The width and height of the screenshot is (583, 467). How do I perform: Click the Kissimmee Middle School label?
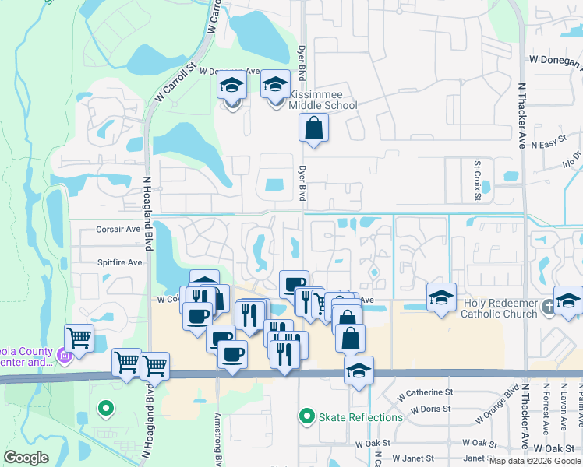tap(323, 100)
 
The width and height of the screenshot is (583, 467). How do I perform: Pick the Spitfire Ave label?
tap(118, 262)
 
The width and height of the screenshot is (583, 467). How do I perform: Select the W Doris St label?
tap(430, 409)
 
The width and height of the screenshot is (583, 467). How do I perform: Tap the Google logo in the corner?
tap(26, 458)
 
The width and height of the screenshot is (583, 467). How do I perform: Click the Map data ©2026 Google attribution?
tap(535, 461)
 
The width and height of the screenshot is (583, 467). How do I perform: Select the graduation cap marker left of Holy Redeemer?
tap(441, 297)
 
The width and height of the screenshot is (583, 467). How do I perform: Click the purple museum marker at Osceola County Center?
tap(64, 357)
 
